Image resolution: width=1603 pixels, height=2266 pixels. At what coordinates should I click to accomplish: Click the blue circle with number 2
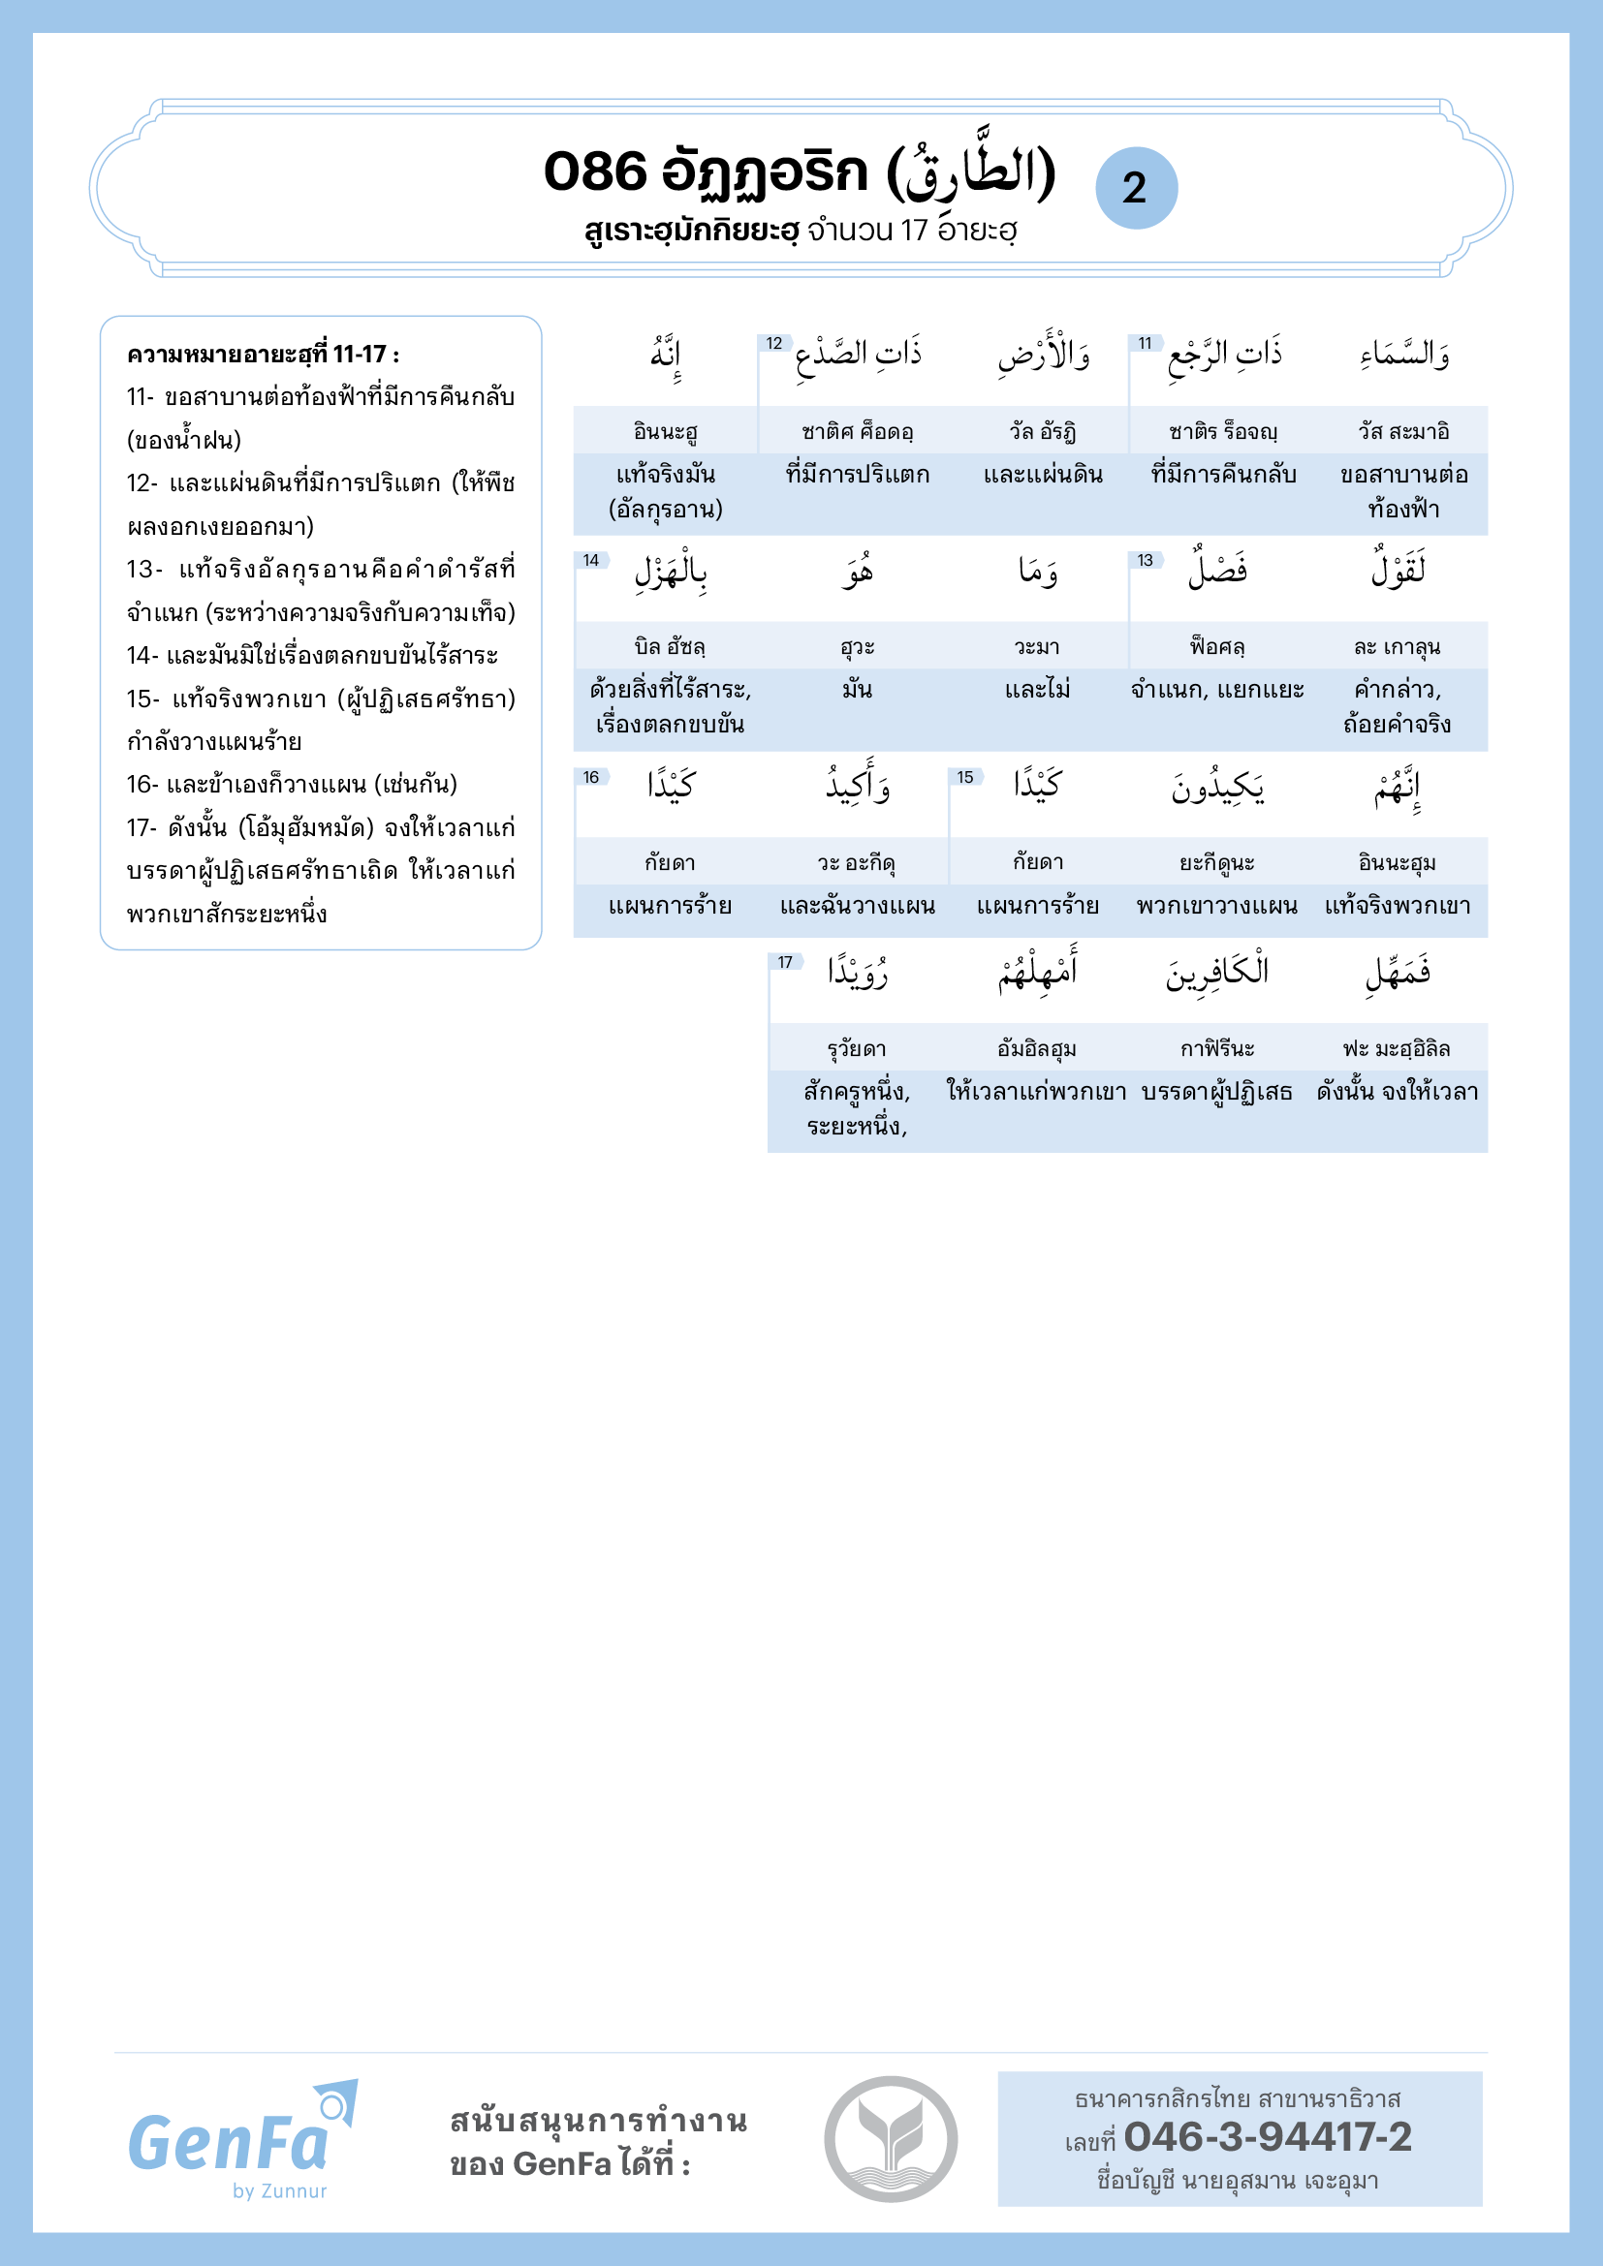tap(1136, 189)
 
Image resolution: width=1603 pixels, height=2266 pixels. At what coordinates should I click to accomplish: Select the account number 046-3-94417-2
tap(1267, 2137)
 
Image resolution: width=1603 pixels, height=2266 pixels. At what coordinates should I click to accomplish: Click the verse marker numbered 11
tap(1145, 344)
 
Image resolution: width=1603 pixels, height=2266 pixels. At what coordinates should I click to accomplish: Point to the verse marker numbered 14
tap(591, 561)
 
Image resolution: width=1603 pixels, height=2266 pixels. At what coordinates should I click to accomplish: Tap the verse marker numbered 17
tap(785, 962)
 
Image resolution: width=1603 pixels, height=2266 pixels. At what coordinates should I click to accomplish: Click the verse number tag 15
tap(964, 778)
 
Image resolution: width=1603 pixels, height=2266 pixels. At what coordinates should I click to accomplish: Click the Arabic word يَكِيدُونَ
tap(1217, 787)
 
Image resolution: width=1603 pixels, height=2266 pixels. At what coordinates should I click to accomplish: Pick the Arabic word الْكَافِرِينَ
tap(1217, 973)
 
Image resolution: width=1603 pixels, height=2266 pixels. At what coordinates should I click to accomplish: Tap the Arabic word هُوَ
tap(857, 572)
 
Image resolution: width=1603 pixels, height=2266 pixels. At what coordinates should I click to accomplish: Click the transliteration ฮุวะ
tap(857, 647)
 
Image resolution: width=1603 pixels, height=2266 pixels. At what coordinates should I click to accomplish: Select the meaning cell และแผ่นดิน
tap(1043, 475)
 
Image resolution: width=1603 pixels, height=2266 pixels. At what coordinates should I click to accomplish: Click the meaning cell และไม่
tap(1036, 690)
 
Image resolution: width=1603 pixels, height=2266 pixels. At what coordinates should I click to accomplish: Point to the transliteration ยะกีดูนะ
tap(1217, 863)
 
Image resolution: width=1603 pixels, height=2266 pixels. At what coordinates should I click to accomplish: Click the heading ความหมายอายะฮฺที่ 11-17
tap(263, 355)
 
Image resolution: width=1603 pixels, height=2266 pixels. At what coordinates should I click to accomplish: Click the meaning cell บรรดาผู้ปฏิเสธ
tap(1217, 1093)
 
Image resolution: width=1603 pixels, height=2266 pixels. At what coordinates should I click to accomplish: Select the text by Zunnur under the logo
tap(279, 2191)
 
